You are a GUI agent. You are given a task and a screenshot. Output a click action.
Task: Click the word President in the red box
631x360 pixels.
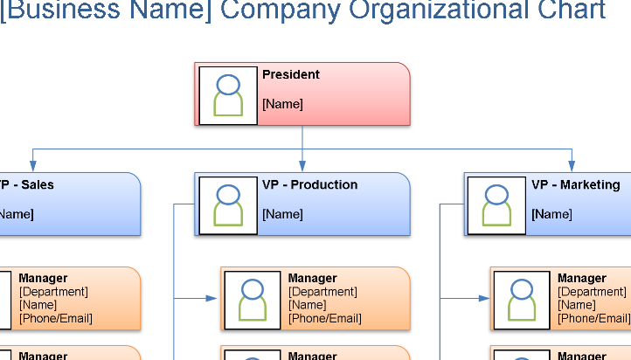[291, 75]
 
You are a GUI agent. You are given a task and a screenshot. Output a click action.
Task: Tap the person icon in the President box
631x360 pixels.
[228, 94]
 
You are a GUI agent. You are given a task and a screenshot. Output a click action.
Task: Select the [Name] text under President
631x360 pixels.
[282, 104]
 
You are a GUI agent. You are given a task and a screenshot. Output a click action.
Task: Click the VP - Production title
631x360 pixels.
[309, 185]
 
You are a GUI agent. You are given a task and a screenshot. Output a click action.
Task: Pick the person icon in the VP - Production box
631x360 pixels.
[228, 204]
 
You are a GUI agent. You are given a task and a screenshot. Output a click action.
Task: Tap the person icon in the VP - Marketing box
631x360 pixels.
[496, 204]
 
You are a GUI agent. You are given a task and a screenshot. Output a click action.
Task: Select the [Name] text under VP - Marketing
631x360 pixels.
[551, 214]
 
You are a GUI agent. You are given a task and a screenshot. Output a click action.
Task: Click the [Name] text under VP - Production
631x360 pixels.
[282, 214]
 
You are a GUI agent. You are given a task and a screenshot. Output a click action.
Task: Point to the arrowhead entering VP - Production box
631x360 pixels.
[302, 166]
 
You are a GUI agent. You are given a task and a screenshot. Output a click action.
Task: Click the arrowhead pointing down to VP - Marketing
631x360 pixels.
[572, 166]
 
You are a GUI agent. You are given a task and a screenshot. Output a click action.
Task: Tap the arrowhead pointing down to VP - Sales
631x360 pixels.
[33, 166]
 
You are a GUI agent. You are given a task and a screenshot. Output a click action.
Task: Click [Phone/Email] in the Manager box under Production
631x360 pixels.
[324, 319]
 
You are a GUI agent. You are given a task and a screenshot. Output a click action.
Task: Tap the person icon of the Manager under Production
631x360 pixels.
[253, 299]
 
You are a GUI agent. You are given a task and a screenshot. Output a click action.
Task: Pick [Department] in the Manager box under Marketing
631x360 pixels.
[593, 292]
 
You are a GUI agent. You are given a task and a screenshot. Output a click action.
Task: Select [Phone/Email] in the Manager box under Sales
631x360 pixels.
[55, 319]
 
